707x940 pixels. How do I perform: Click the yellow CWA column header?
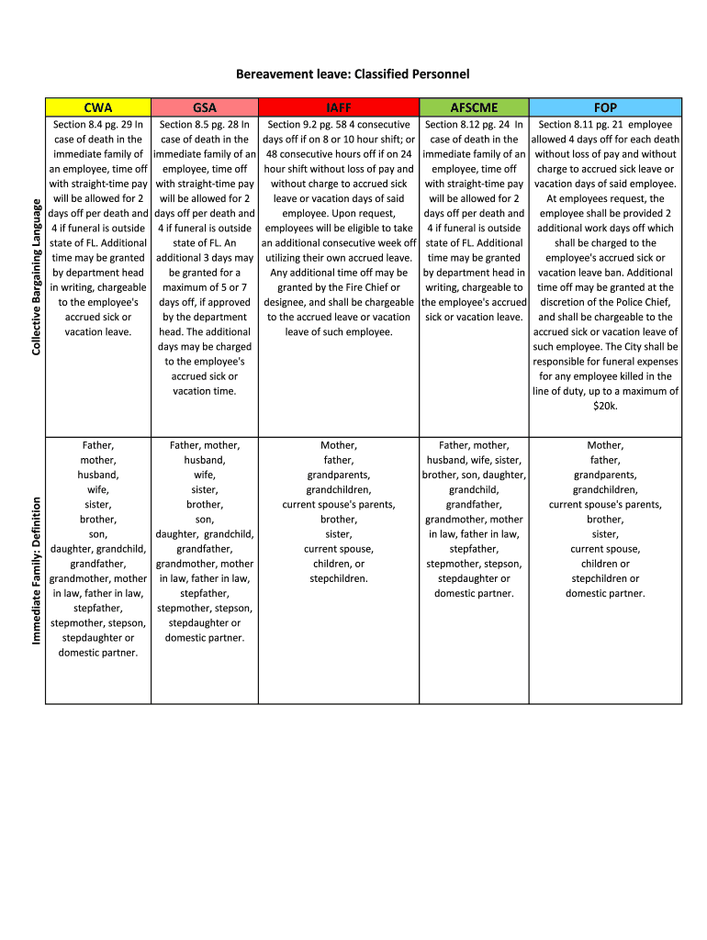98,107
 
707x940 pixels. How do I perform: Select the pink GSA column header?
204,107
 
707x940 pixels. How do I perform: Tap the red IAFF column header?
339,107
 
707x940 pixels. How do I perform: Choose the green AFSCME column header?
474,107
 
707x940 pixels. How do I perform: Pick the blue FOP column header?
606,107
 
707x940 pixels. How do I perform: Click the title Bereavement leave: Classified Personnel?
353,73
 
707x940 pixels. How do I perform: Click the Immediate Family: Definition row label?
36,569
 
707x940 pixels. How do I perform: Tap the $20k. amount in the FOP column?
605,406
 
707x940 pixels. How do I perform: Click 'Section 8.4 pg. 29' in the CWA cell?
88,125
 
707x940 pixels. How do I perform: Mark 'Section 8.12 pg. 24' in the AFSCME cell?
466,125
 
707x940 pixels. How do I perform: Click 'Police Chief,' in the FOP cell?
637,302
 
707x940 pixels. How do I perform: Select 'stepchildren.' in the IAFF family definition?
339,578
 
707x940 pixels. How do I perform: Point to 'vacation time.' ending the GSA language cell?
204,391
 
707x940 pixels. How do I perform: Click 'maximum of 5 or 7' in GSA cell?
204,287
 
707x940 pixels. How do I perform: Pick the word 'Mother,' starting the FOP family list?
605,445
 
